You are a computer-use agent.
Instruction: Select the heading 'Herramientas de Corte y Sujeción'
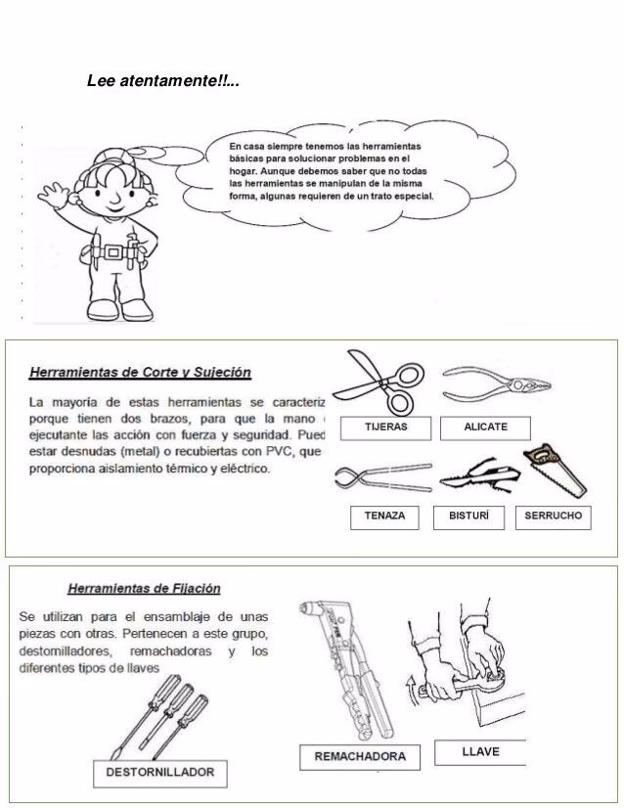point(141,372)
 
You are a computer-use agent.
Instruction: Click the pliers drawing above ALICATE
point(487,381)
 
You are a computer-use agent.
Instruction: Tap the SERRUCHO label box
point(553,516)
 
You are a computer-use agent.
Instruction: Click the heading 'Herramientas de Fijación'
point(143,588)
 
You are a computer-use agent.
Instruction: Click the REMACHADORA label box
point(359,756)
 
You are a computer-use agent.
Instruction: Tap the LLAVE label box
point(479,751)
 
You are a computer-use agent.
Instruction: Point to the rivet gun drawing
point(342,665)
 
